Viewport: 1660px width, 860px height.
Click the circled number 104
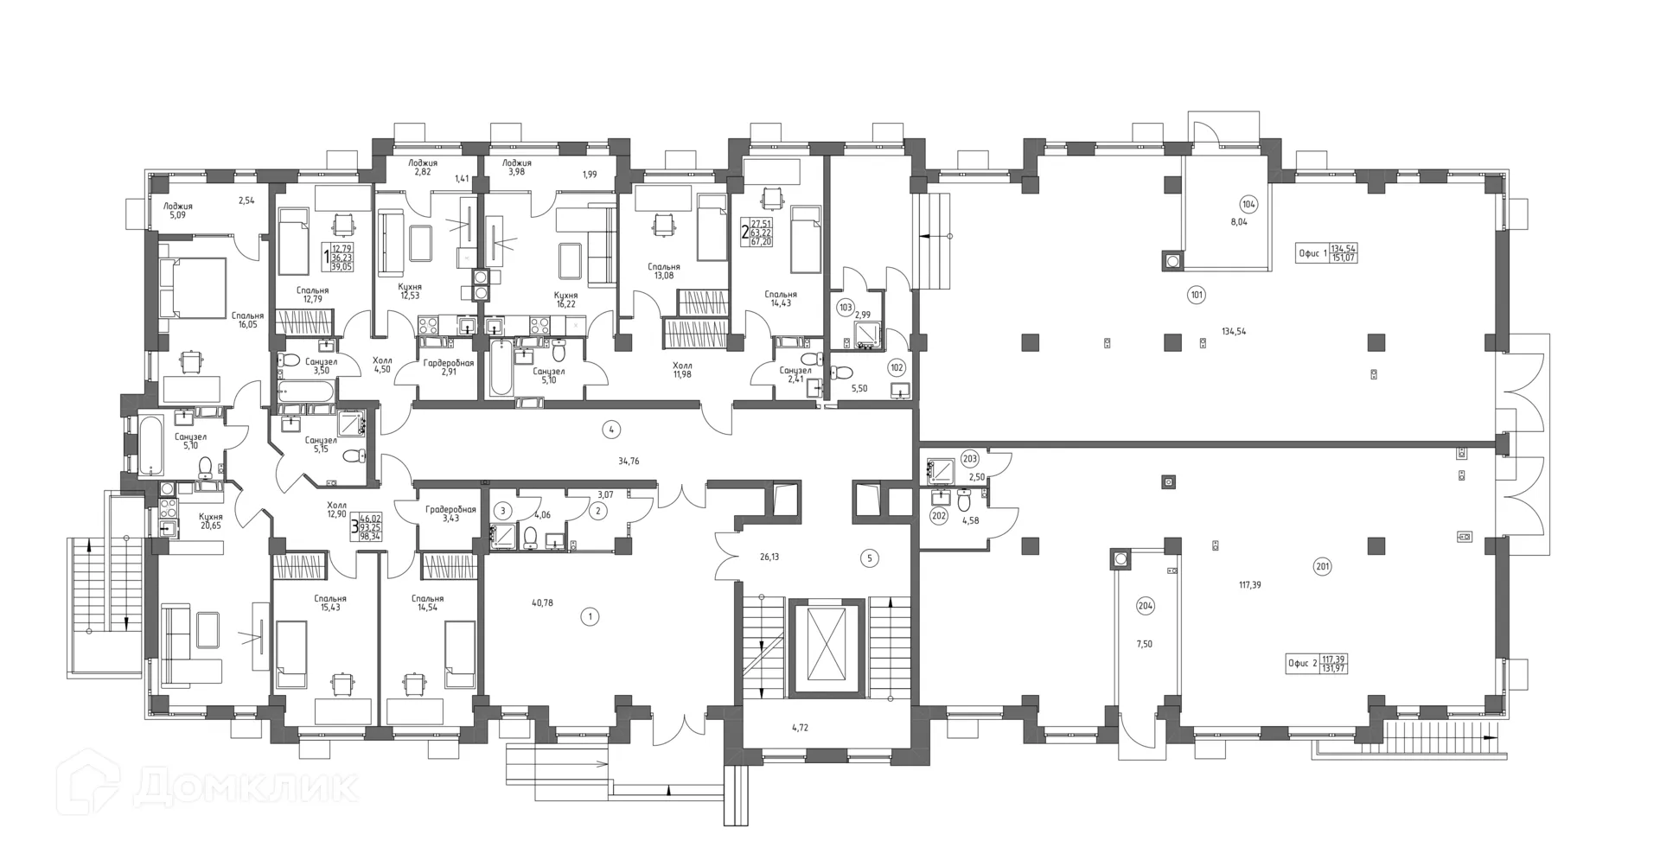1248,205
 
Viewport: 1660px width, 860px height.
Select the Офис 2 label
1302,664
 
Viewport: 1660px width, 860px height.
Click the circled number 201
1322,567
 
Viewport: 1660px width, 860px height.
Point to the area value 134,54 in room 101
1234,331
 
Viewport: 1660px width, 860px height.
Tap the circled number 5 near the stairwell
870,558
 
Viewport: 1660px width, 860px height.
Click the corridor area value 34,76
629,462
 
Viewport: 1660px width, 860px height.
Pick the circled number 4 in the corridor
611,429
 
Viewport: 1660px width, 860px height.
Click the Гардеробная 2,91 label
448,367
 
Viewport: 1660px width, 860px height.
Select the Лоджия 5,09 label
178,211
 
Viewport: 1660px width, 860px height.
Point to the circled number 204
1145,606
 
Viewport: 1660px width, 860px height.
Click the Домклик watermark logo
212,785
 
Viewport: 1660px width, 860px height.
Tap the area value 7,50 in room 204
1144,644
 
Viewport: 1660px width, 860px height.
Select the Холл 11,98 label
682,370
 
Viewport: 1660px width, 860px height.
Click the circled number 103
846,307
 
